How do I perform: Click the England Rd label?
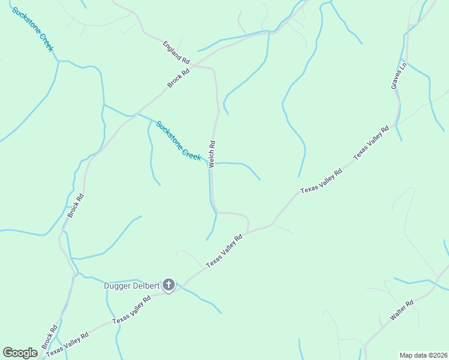176,53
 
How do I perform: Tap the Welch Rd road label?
211,154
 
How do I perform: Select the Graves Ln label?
399,76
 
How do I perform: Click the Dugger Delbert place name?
131,286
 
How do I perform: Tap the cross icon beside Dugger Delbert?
169,285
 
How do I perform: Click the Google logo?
20,353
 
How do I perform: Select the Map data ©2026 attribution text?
424,355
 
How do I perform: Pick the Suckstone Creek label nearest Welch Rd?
178,140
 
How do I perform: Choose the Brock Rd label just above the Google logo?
50,337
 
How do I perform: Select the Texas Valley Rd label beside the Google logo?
68,344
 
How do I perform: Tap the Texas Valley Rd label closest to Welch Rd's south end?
224,251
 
